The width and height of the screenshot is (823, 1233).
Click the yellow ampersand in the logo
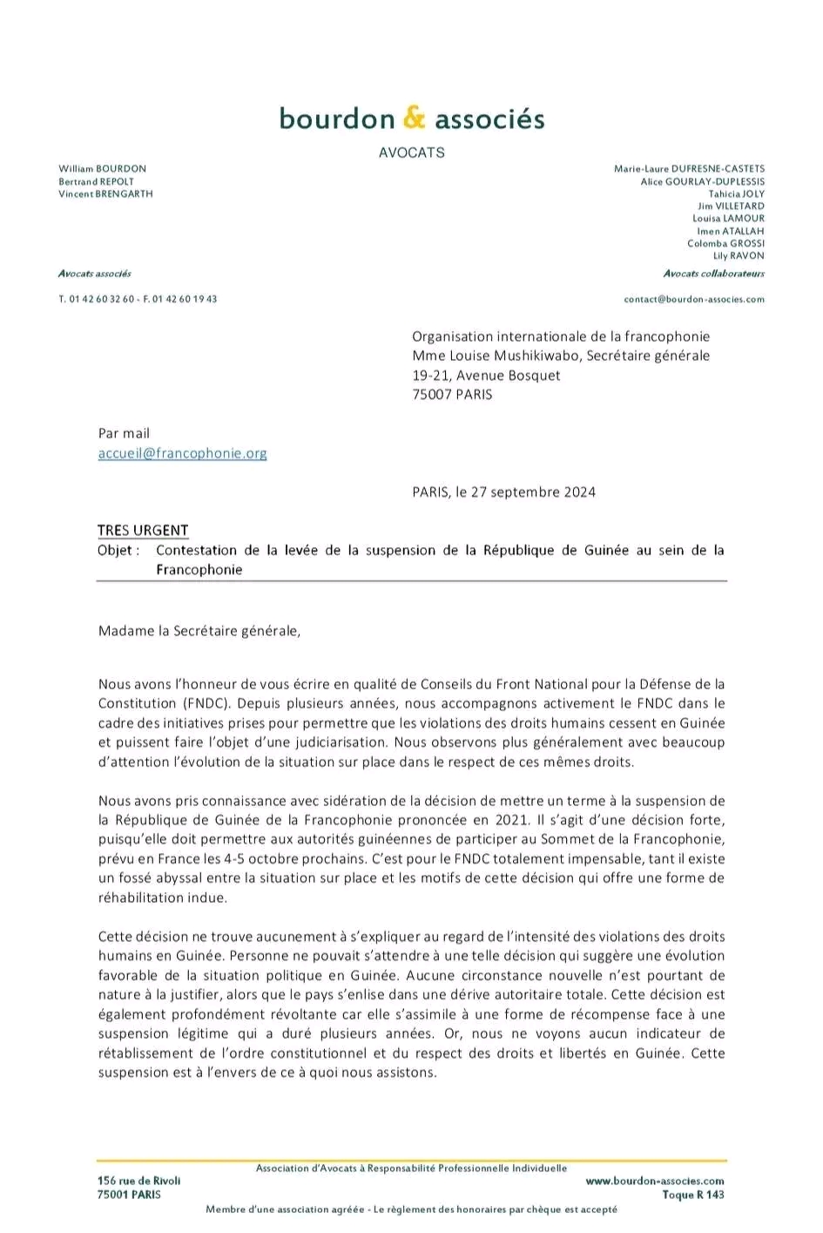coord(415,117)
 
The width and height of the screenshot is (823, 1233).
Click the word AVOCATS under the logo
coord(411,152)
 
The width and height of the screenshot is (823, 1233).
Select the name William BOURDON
coord(103,169)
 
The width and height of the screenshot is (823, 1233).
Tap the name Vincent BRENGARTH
coord(105,193)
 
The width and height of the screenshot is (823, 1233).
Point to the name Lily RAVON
coord(739,256)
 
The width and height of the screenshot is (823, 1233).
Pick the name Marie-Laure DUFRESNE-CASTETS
coord(689,169)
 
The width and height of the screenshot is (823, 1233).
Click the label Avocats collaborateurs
coord(713,274)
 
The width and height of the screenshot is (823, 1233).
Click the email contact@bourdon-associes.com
coord(694,299)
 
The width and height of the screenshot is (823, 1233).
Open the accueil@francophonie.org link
coord(182,453)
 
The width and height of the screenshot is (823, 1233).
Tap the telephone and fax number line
coord(138,299)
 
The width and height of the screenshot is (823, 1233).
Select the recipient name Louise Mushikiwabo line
coord(561,356)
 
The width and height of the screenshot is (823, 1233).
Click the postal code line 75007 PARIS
coord(452,395)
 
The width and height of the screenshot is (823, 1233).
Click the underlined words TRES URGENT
coord(143,530)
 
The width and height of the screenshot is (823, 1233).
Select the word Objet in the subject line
coord(115,550)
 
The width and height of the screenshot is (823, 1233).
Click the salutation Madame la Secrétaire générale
coord(199,631)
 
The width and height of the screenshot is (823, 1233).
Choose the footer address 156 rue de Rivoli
coord(139,1181)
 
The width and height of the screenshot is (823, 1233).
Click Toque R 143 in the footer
coord(692,1195)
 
